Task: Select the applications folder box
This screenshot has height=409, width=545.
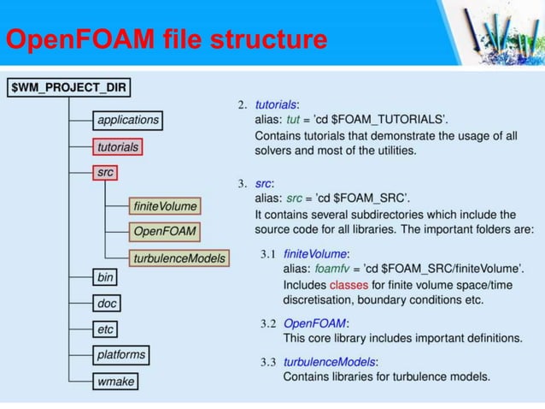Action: tap(126, 120)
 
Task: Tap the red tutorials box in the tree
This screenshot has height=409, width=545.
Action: tap(117, 146)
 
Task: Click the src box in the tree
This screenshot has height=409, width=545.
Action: tap(103, 173)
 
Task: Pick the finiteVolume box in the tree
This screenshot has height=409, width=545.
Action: tap(165, 206)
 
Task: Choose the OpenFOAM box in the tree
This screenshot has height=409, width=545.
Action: tap(165, 232)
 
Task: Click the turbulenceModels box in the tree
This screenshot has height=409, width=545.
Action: tap(179, 258)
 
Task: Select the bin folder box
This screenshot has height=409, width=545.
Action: tap(103, 276)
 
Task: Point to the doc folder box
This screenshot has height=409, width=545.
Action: tap(105, 303)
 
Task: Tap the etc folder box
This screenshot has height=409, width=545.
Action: tap(104, 329)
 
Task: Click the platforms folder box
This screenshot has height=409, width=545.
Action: tap(120, 354)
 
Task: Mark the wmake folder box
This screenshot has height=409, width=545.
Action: tap(115, 381)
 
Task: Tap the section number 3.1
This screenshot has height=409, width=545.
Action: tap(270, 254)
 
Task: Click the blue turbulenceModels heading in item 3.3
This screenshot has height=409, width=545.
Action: tap(330, 362)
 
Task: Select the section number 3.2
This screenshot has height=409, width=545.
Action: tap(270, 323)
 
